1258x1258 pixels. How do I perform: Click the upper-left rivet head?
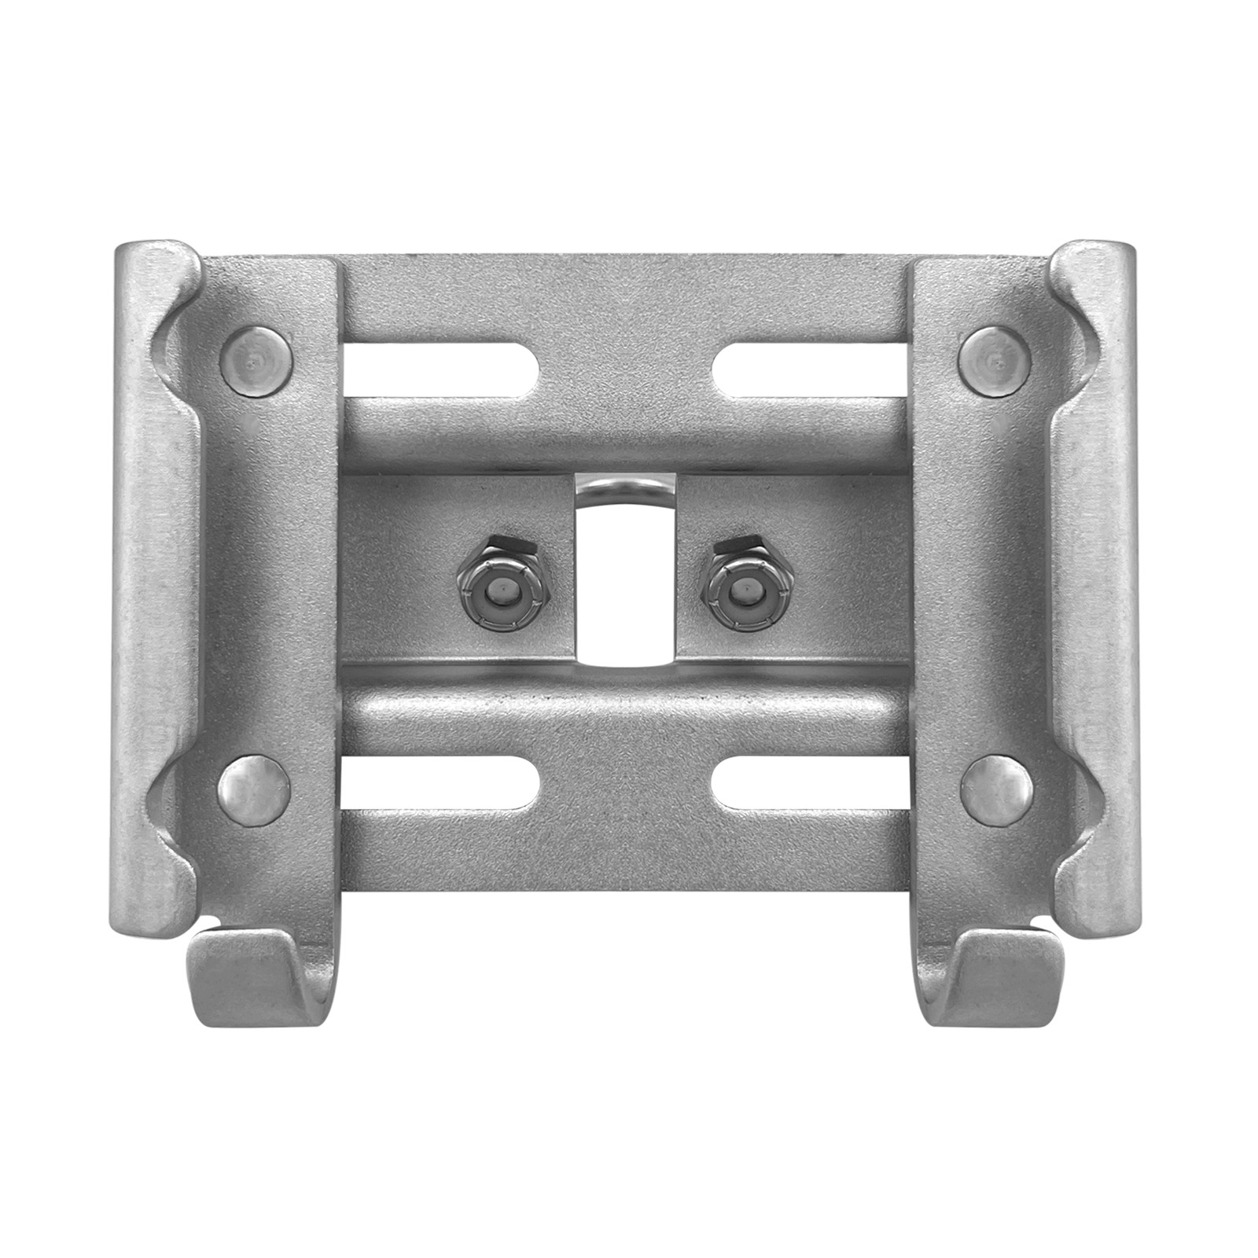tap(257, 361)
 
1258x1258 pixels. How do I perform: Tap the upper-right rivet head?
tap(997, 361)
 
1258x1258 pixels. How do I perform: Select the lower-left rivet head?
tap(254, 789)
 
